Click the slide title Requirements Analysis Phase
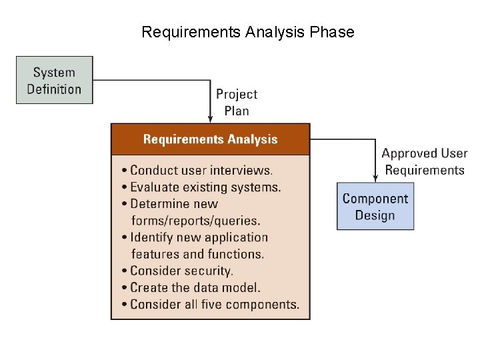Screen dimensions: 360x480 (247, 32)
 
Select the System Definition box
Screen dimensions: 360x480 (55, 80)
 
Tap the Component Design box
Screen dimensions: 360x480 (375, 207)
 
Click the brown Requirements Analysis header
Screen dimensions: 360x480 (210, 139)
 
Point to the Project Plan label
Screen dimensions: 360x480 (236, 102)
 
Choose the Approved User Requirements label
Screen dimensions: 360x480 (424, 162)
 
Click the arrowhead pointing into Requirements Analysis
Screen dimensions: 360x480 (211, 119)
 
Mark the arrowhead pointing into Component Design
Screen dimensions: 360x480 (375, 178)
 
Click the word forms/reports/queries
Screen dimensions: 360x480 (196, 221)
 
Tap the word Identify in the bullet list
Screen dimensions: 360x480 (151, 237)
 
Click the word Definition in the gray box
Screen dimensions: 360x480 (55, 89)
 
